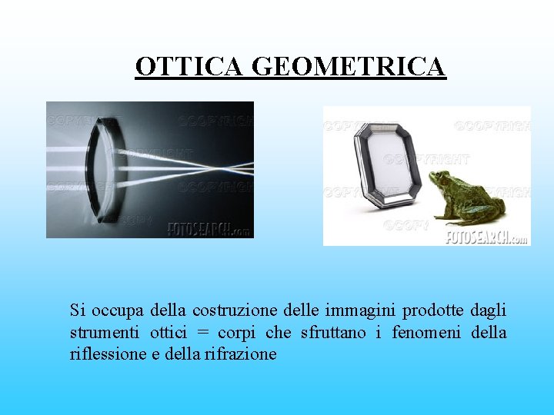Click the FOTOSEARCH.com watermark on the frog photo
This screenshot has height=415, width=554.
coord(487,237)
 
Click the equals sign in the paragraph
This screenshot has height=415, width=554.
coord(202,334)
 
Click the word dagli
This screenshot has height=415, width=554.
coord(489,310)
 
